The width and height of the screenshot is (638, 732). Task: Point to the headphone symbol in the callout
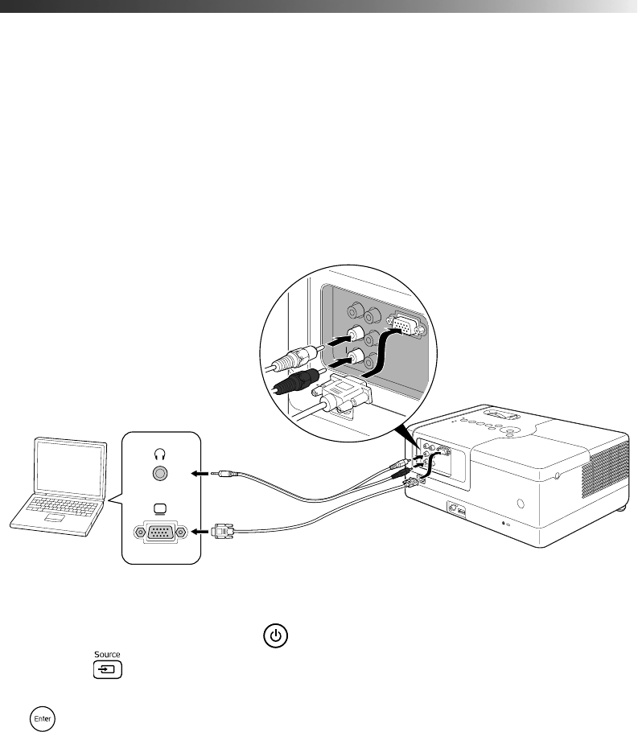pyautogui.click(x=159, y=453)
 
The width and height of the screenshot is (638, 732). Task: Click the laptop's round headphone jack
pyautogui.click(x=159, y=475)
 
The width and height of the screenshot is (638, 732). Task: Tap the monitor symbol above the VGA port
pyautogui.click(x=159, y=508)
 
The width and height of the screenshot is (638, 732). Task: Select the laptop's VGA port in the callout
pyautogui.click(x=159, y=532)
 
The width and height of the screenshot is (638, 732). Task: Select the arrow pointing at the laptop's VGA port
pyautogui.click(x=199, y=532)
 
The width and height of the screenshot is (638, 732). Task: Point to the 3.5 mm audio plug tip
pyautogui.click(x=214, y=475)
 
